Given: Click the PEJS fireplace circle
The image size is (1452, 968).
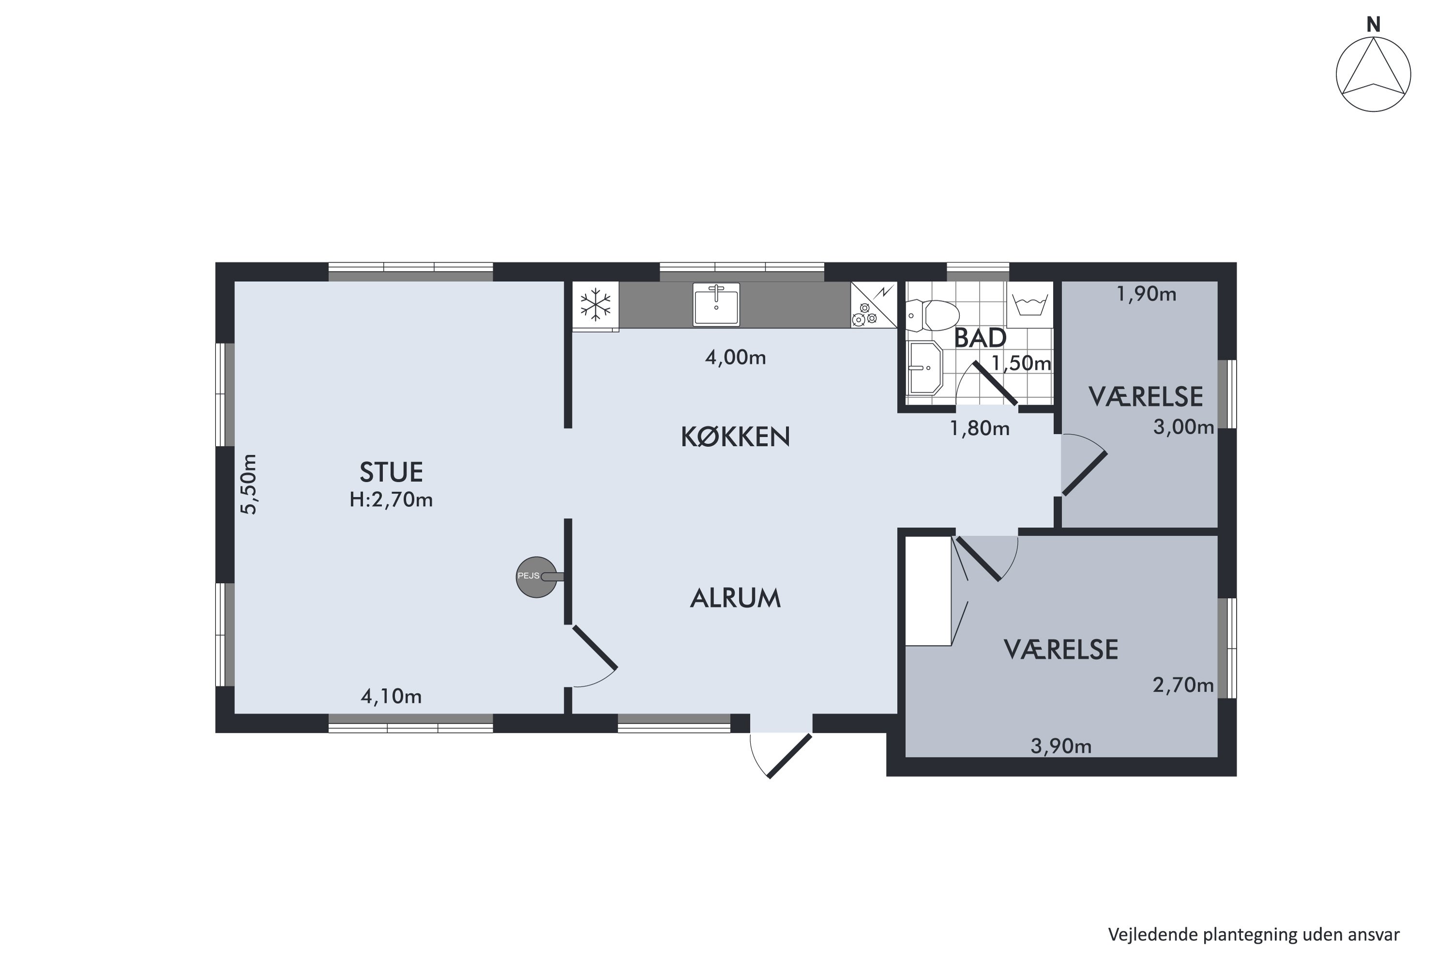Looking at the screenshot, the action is (x=536, y=577).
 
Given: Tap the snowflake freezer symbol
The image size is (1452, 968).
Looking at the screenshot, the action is (x=595, y=305).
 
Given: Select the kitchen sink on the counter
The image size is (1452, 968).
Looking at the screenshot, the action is (x=716, y=304).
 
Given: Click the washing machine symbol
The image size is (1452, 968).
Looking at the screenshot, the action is (x=1030, y=305).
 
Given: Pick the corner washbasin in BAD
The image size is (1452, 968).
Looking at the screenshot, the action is (x=924, y=368).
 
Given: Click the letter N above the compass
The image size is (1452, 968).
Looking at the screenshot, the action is (x=1373, y=25).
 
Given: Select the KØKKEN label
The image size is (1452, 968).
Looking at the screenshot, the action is (x=735, y=437).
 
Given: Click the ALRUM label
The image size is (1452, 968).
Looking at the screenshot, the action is (x=735, y=598).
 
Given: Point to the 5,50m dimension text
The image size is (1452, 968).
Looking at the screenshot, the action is (x=248, y=484).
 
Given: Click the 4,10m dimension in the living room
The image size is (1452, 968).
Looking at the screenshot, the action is (x=391, y=697).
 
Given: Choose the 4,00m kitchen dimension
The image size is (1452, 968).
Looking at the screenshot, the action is (x=735, y=358).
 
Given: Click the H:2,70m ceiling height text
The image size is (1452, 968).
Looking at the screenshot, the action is (x=391, y=499).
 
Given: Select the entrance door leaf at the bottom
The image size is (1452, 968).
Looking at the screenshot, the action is (x=789, y=756).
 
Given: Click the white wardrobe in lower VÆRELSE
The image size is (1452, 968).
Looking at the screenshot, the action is (x=928, y=591).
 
